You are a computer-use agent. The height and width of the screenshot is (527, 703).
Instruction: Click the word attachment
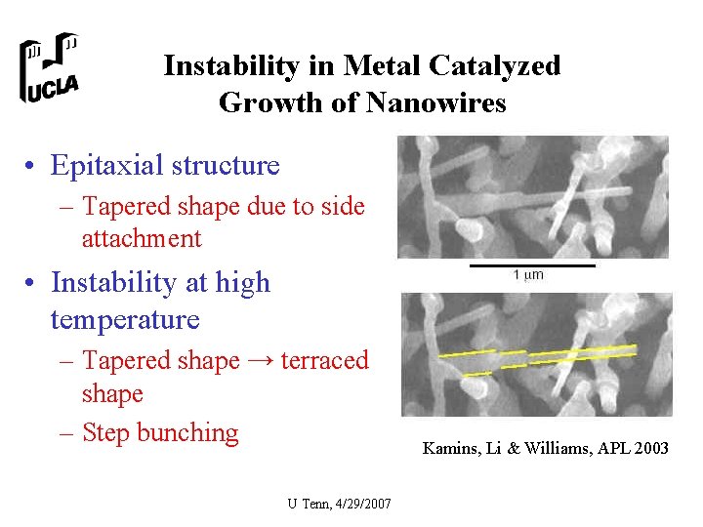pos(142,238)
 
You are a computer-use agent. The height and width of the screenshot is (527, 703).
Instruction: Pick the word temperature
pos(125,319)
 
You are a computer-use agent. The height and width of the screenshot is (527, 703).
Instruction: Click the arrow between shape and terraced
pos(259,361)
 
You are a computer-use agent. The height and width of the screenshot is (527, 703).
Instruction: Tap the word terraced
pos(324,361)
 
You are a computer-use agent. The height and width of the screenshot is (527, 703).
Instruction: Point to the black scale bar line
pos(532,264)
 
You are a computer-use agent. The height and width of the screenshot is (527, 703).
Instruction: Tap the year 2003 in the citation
pos(648,449)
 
